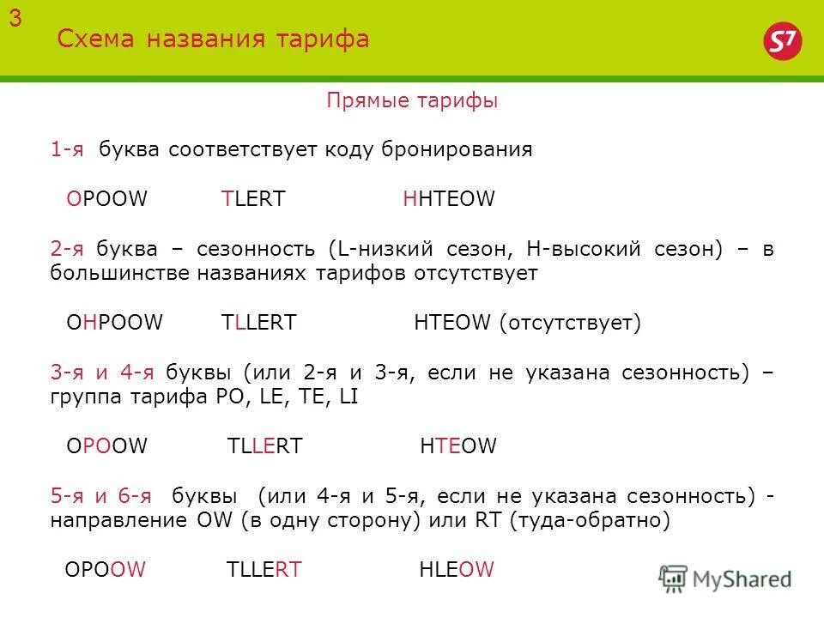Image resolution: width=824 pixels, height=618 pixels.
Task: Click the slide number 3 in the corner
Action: (15, 21)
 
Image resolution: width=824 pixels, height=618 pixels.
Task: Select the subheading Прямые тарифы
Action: (412, 101)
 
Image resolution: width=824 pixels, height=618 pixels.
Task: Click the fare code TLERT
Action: (253, 199)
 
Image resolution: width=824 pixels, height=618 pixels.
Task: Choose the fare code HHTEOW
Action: (449, 199)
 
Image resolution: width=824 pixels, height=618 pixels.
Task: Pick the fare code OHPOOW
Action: (114, 323)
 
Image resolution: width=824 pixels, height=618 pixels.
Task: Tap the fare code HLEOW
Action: (457, 570)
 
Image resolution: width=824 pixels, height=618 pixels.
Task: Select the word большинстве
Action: (115, 274)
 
